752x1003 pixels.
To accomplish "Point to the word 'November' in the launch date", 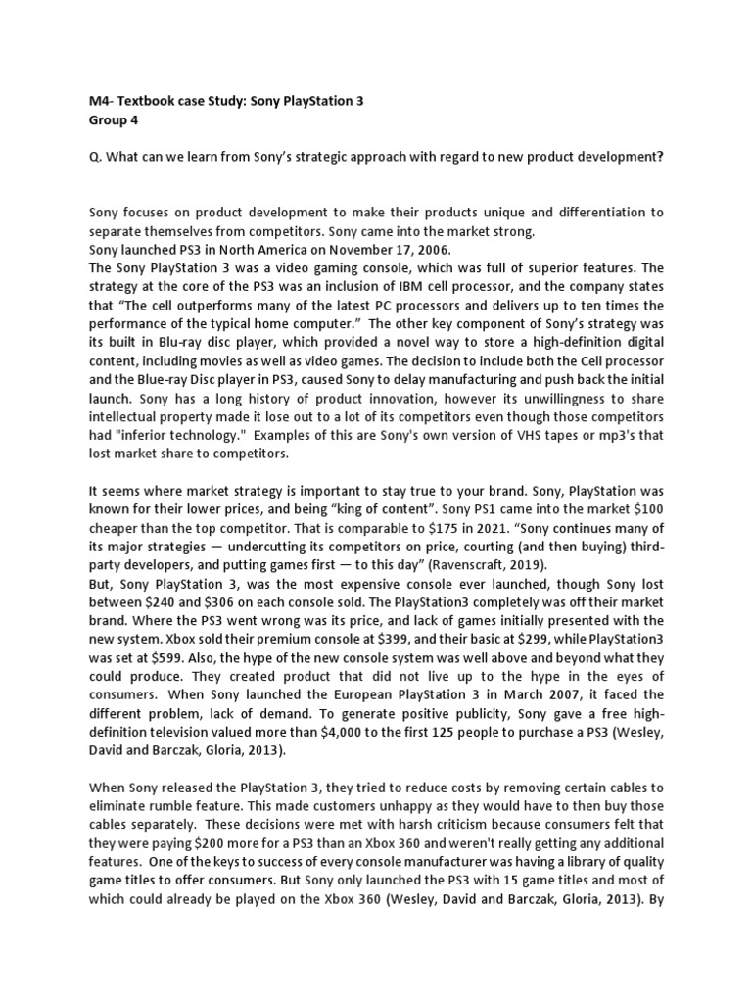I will pos(345,250).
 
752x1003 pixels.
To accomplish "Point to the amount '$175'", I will pos(427,529).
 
